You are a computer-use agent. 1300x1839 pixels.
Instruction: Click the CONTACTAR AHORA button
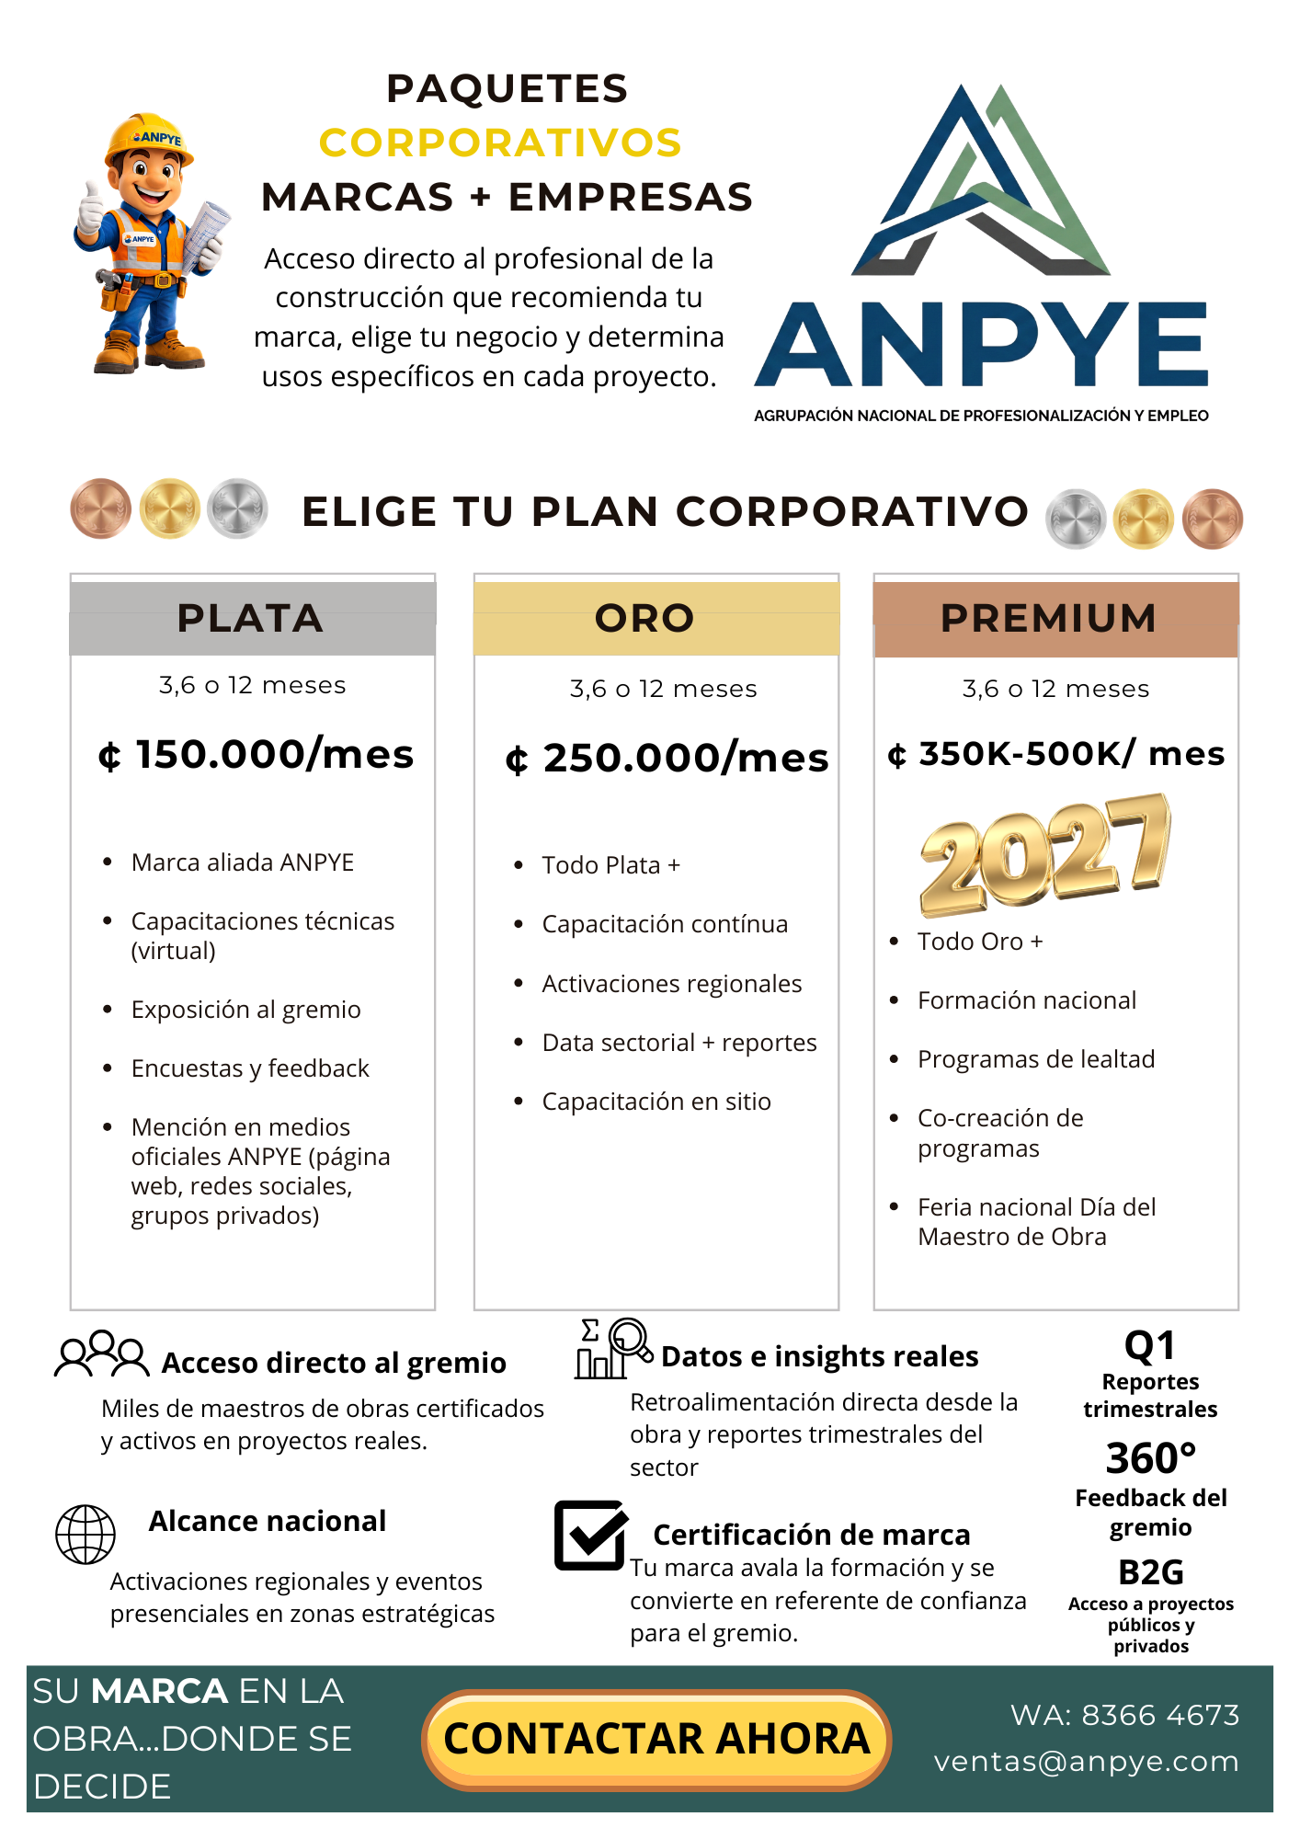656,1740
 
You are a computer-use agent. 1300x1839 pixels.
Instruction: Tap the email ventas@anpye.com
1086,1762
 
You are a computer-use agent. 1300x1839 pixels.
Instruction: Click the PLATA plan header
252,618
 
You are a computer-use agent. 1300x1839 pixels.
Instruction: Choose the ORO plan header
656,618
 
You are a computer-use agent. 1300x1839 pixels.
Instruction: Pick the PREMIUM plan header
1055,618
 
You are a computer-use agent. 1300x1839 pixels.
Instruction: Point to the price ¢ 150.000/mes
257,755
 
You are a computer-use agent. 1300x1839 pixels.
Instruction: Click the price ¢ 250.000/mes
667,759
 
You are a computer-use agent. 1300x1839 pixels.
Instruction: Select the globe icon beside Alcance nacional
86,1534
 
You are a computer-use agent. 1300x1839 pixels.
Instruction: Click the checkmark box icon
590,1535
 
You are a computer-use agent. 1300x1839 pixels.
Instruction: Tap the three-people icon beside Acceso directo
101,1354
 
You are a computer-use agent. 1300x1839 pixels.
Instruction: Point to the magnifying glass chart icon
611,1348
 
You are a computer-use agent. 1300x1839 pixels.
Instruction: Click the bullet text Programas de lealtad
1036,1059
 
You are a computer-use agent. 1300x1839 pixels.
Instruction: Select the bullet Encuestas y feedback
250,1068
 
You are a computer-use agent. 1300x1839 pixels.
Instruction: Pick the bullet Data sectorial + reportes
679,1043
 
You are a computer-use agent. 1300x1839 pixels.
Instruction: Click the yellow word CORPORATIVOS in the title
500,143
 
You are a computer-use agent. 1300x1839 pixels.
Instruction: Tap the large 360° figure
1151,1458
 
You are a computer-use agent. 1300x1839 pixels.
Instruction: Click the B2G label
1151,1572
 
